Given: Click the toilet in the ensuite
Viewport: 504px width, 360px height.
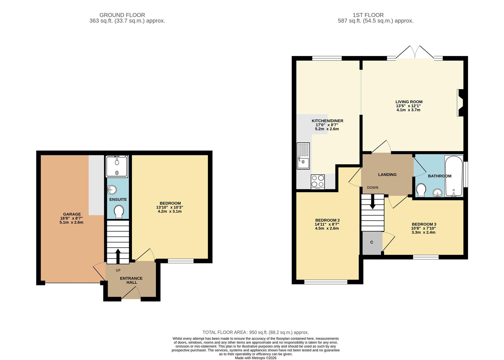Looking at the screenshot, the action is click(119, 212).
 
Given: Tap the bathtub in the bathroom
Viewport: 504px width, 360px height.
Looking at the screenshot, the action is click(454, 176).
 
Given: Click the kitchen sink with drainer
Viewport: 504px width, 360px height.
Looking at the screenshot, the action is click(303, 156).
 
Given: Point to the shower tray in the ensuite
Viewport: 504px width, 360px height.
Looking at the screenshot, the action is click(117, 166).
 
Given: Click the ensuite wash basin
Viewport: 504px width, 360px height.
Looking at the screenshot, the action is click(112, 190).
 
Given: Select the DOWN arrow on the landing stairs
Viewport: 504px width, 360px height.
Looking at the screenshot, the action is click(373, 201).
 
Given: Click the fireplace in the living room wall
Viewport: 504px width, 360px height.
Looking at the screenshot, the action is click(460, 103).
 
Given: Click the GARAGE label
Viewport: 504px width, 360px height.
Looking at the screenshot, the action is click(72, 214).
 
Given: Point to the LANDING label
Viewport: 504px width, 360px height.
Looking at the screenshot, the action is click(387, 174).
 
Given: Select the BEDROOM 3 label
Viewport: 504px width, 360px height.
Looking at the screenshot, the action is click(424, 224).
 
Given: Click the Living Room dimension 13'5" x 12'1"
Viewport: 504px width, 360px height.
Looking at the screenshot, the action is click(408, 106).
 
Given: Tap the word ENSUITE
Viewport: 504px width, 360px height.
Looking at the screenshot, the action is click(118, 199).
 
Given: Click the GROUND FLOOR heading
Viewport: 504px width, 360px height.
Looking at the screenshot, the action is click(122, 15).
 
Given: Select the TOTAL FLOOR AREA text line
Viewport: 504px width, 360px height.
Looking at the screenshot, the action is click(255, 332).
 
